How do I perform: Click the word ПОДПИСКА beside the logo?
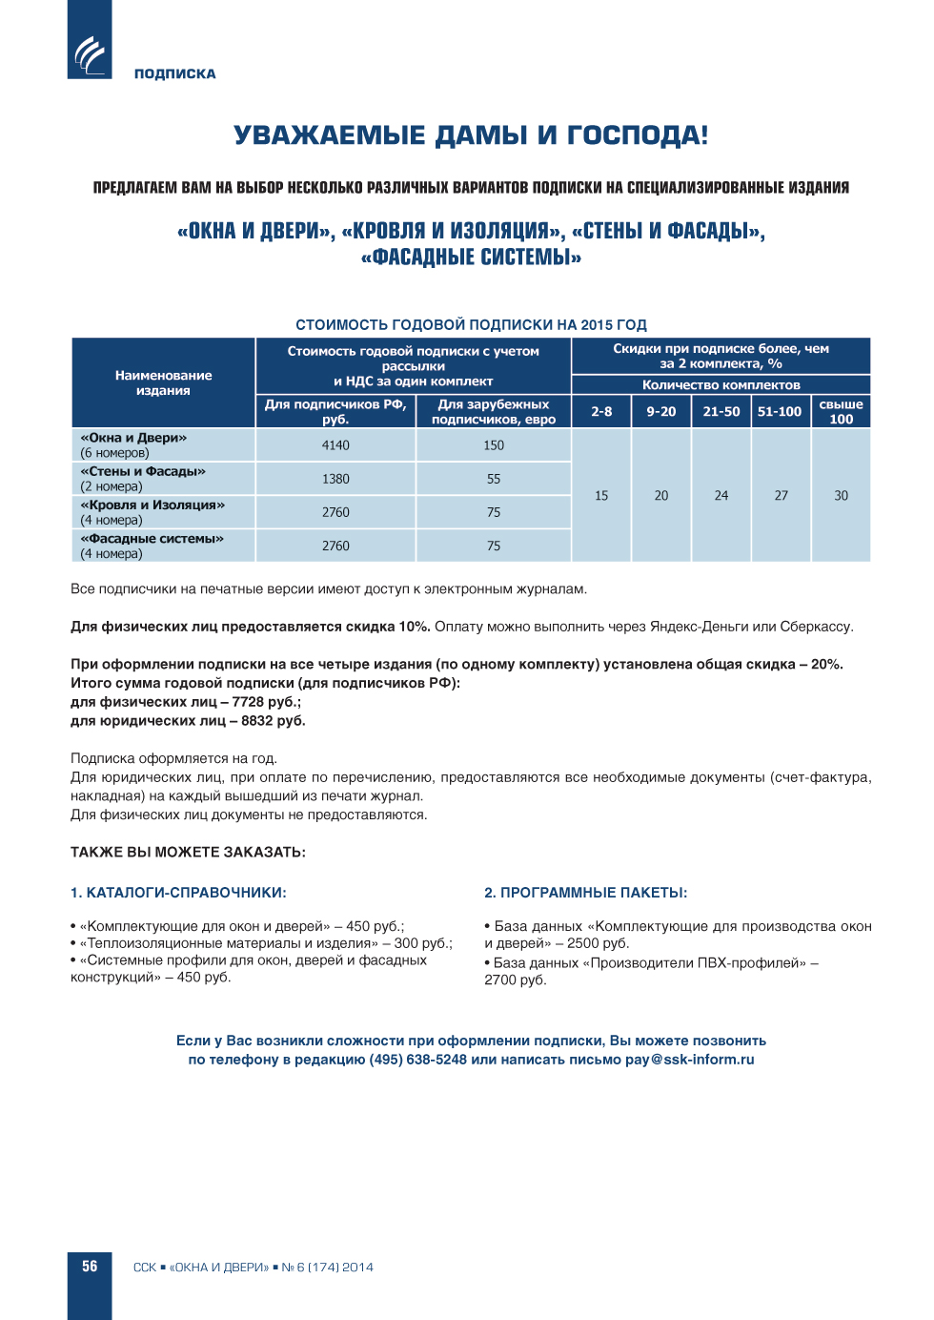click(174, 73)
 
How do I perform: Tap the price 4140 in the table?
click(335, 445)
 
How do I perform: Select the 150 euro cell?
click(494, 445)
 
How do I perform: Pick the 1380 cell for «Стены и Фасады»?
click(335, 479)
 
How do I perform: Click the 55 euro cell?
click(494, 479)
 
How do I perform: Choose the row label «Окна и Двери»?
click(133, 439)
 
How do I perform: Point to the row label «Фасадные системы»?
click(152, 539)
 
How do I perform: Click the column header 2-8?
click(601, 412)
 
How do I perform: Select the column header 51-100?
click(780, 412)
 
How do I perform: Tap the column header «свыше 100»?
click(841, 412)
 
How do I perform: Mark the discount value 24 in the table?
click(721, 496)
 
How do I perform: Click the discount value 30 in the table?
click(841, 496)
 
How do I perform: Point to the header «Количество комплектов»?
click(721, 385)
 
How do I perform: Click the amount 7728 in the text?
click(248, 702)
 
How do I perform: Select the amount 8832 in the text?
click(257, 721)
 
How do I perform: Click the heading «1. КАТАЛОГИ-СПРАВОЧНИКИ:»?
click(178, 893)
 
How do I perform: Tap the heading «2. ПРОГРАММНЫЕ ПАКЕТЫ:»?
click(585, 893)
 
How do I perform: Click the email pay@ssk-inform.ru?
click(689, 1060)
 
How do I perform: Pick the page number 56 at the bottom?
click(90, 1267)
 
